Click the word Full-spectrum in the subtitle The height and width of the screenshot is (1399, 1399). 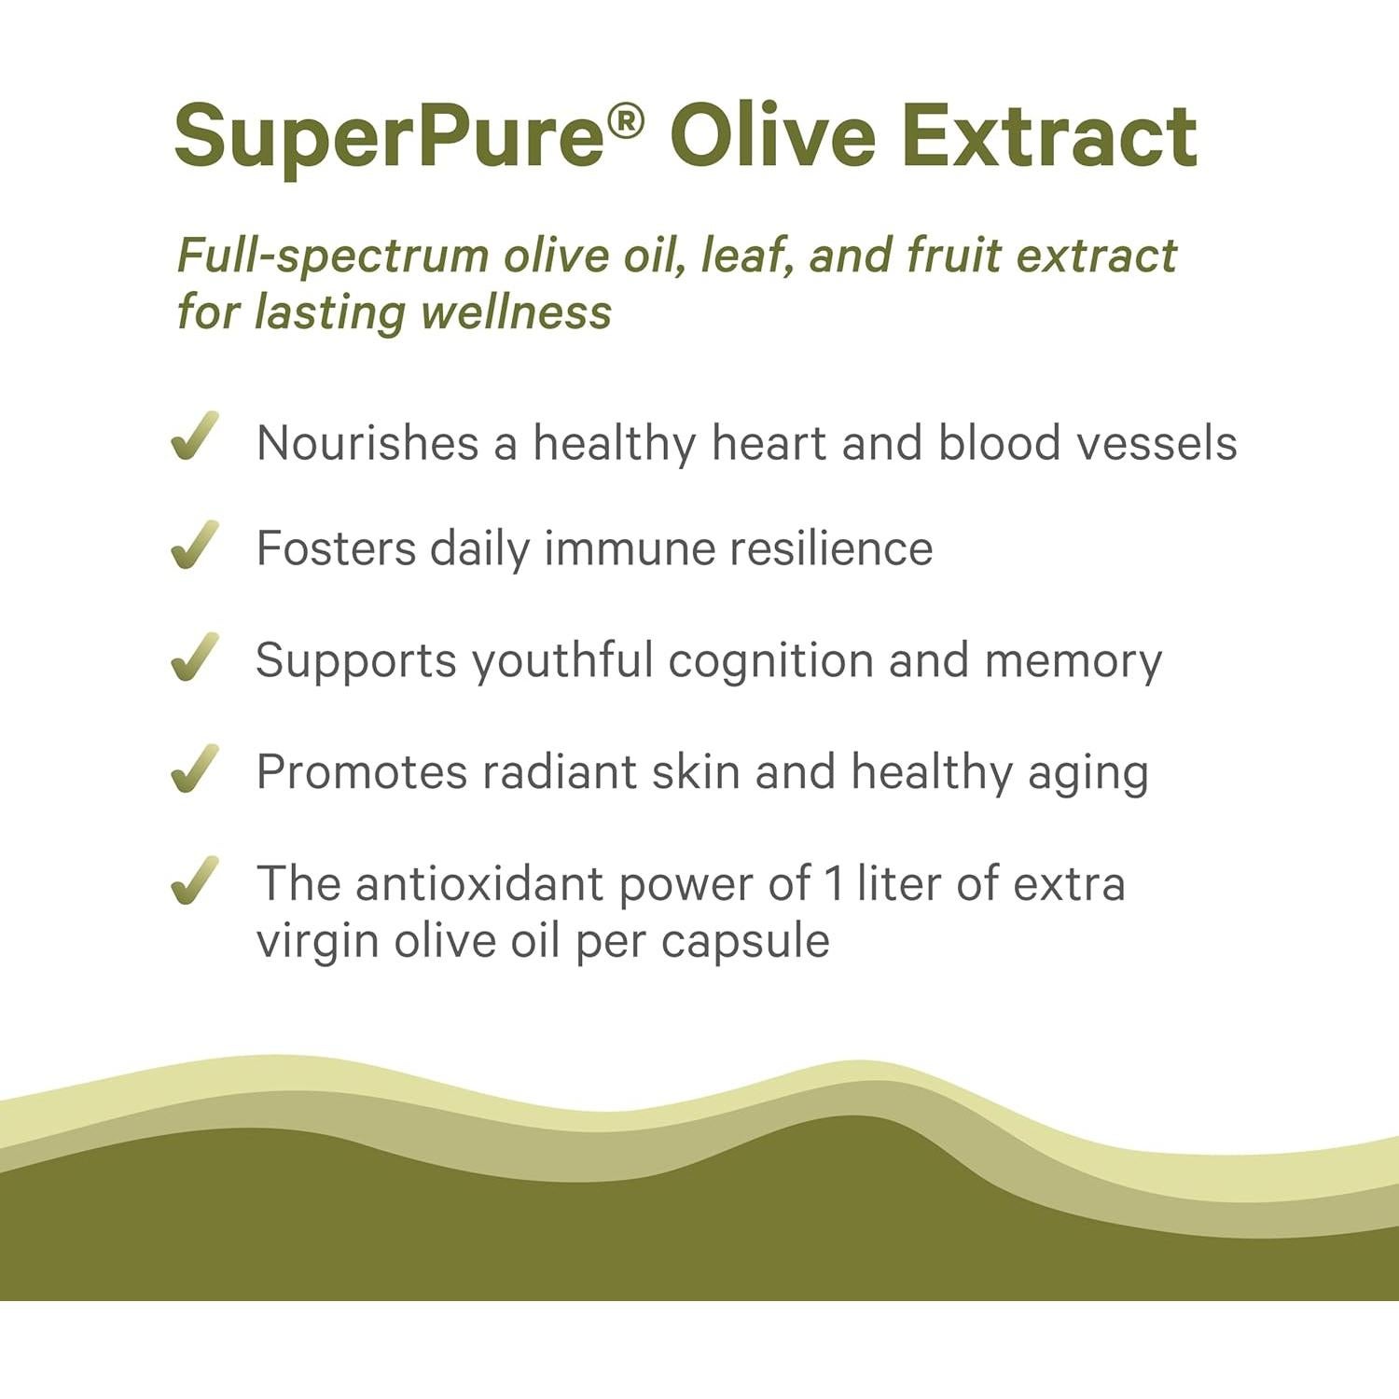[x=333, y=256]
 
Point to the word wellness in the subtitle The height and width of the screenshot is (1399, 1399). [x=516, y=312]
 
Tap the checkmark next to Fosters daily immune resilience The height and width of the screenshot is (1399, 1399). [x=195, y=545]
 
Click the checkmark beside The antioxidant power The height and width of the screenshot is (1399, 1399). [x=195, y=880]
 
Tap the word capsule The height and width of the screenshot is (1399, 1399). [x=745, y=941]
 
